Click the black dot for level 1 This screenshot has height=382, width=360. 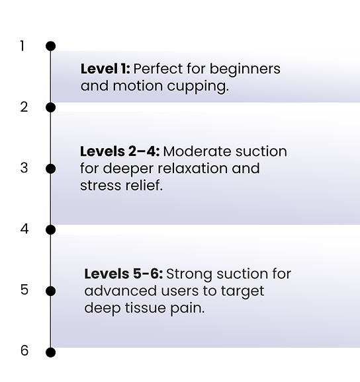pyautogui.click(x=51, y=46)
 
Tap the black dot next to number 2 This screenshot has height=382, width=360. pyautogui.click(x=51, y=108)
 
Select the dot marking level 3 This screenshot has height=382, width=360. pyautogui.click(x=51, y=169)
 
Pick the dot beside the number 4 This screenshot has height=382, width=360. pyautogui.click(x=51, y=230)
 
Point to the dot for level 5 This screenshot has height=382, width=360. pyautogui.click(x=51, y=291)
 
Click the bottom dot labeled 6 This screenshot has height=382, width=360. pyautogui.click(x=51, y=352)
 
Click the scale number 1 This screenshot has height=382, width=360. pyautogui.click(x=22, y=46)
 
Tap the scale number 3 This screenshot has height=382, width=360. pyautogui.click(x=24, y=168)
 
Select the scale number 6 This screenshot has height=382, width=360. pyautogui.click(x=24, y=351)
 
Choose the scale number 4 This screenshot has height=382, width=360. pyautogui.click(x=24, y=229)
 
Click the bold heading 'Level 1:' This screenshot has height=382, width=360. pyautogui.click(x=105, y=69)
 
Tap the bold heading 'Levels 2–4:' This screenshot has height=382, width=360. pyautogui.click(x=120, y=151)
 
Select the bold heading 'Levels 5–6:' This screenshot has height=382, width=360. pyautogui.click(x=124, y=274)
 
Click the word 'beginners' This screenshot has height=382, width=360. pyautogui.click(x=245, y=69)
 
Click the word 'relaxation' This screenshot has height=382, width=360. pyautogui.click(x=193, y=169)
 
